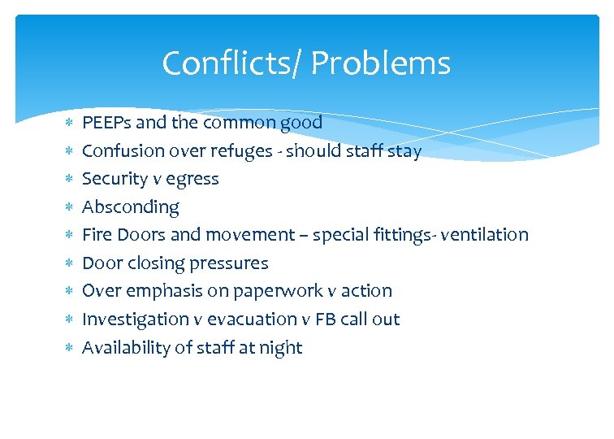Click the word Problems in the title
pyautogui.click(x=381, y=63)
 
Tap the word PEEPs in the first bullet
pyautogui.click(x=107, y=123)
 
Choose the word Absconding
pyautogui.click(x=131, y=207)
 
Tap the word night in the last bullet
pyautogui.click(x=280, y=348)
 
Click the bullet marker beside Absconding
pyautogui.click(x=69, y=207)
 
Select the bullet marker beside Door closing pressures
pyautogui.click(x=69, y=263)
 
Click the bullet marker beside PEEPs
pyautogui.click(x=69, y=123)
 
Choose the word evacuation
pyautogui.click(x=240, y=319)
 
